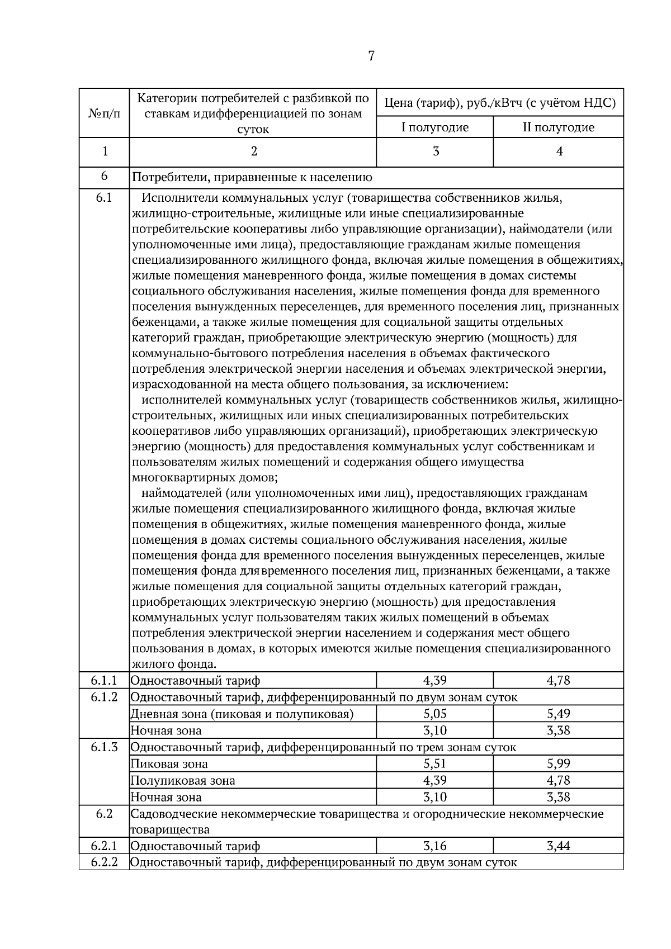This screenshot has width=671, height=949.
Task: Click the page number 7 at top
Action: point(371,56)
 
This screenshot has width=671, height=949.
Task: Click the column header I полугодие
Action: point(435,127)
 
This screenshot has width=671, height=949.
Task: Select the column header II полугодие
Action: point(558,127)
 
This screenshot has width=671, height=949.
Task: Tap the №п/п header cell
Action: point(104,113)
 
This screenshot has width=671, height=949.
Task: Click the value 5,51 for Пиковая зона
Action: point(435,763)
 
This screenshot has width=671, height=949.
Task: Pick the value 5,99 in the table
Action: point(558,763)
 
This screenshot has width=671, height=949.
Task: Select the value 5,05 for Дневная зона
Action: point(435,714)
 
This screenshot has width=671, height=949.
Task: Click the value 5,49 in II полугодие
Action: point(558,714)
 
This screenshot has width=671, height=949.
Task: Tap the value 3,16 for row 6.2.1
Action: point(435,846)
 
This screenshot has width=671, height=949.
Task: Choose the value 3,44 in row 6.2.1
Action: point(558,846)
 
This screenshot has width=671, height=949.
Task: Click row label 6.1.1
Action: point(104,680)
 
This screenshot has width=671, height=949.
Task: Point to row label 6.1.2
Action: point(104,697)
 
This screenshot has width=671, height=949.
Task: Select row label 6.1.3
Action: point(104,747)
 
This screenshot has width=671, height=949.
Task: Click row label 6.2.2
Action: point(104,862)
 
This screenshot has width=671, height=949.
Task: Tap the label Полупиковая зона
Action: point(183,780)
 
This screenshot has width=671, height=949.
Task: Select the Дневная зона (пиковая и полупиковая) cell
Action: point(242,714)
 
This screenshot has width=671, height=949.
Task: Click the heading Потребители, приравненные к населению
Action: point(252,178)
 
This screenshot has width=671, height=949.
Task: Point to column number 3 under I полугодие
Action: point(436,151)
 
